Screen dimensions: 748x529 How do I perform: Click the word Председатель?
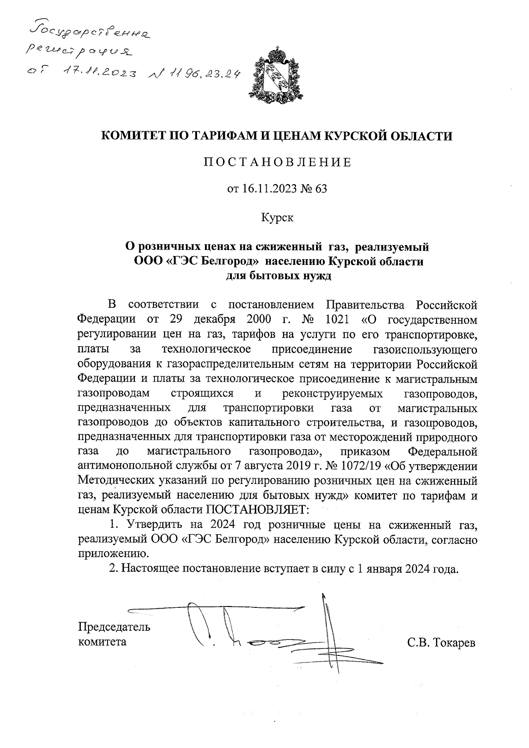(x=114, y=626)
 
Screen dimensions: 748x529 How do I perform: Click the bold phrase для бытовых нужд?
(x=278, y=276)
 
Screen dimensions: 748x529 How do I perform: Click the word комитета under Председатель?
(x=102, y=641)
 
